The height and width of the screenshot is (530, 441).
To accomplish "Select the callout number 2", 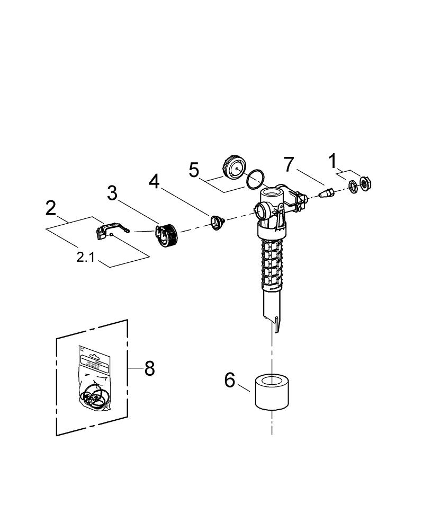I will (x=50, y=208).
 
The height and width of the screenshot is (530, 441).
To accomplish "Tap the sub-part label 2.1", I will (x=87, y=258).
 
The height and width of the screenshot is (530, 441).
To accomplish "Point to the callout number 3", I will (x=112, y=193).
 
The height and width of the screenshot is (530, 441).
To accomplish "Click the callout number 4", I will (x=154, y=182).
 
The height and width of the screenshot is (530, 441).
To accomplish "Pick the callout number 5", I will (x=194, y=171).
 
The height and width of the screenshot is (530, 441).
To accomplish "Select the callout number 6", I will (x=229, y=380).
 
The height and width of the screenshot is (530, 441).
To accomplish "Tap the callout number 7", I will (x=288, y=164).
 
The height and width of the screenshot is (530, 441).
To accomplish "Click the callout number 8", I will (x=149, y=368).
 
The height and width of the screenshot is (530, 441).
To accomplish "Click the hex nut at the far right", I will (x=366, y=183).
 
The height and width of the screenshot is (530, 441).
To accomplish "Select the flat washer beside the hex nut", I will (x=353, y=187).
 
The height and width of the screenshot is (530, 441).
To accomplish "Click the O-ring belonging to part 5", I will (x=255, y=179).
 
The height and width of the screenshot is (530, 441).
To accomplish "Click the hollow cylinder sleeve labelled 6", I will (x=272, y=393).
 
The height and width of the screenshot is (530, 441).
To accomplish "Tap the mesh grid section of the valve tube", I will (x=273, y=262).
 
